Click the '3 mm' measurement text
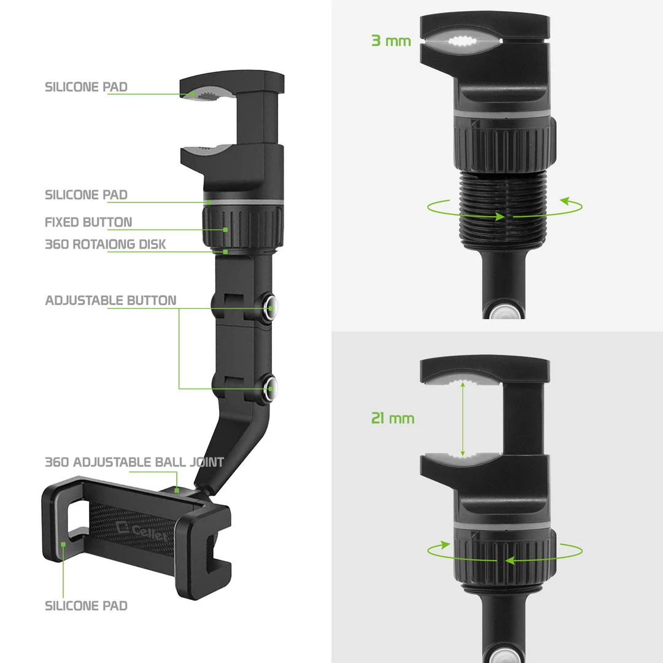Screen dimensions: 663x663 point(391,42)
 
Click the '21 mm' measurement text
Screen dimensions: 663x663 point(393,419)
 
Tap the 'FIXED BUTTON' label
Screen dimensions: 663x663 point(88,222)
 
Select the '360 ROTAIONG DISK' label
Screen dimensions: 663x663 point(105,244)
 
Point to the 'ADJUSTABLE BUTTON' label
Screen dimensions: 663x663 point(110,301)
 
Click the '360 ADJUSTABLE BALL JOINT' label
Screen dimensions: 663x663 point(134,462)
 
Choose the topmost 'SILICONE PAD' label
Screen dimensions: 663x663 point(86,87)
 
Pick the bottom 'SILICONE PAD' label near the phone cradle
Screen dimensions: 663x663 point(86,606)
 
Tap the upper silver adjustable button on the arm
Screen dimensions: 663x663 point(270,302)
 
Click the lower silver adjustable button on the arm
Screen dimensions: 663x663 point(270,386)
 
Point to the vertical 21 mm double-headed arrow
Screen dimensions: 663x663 point(463,419)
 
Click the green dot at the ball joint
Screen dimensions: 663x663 point(176,489)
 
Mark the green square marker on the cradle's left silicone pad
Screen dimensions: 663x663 point(63,544)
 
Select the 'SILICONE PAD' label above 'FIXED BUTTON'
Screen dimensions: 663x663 point(86,195)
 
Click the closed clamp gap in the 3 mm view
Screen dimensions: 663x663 point(460,42)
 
